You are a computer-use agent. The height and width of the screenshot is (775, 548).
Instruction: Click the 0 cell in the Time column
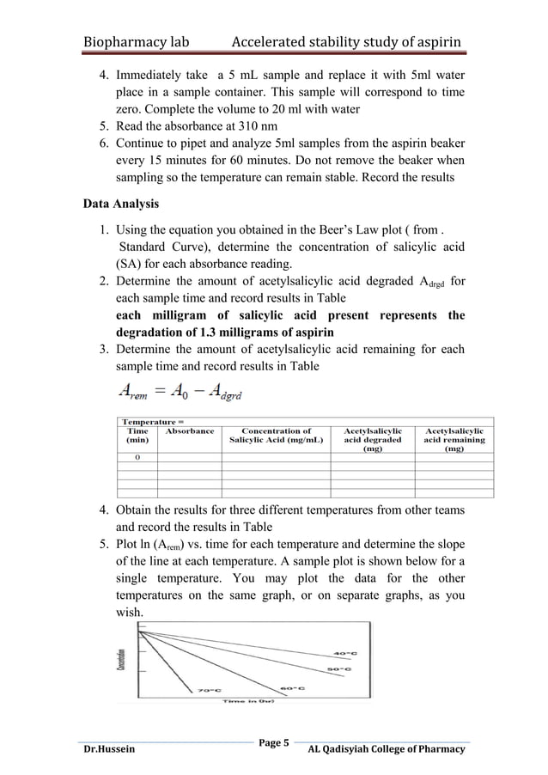tap(137, 457)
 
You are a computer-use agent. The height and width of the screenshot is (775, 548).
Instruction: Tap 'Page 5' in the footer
tap(274, 741)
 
